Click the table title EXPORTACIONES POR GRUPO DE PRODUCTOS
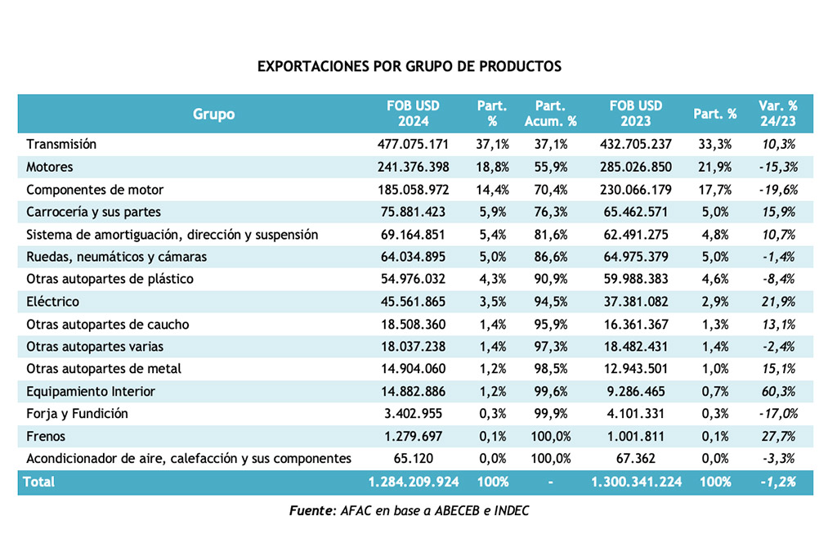[410, 66]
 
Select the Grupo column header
[213, 114]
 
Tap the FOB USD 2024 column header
[413, 113]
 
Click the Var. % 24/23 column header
[778, 113]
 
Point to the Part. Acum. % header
[550, 113]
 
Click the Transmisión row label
[61, 144]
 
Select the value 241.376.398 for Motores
[413, 167]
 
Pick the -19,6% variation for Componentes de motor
[778, 190]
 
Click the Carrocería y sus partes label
[93, 212]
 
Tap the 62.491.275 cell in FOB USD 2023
[636, 235]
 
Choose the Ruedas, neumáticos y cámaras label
[116, 257]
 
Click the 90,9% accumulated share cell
[550, 279]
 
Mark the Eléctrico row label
[52, 302]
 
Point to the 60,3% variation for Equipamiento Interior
[778, 392]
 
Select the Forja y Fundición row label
[77, 414]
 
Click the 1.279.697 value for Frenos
[413, 436]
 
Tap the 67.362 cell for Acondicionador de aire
[636, 459]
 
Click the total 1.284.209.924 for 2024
[414, 482]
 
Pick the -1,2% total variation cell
[778, 482]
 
